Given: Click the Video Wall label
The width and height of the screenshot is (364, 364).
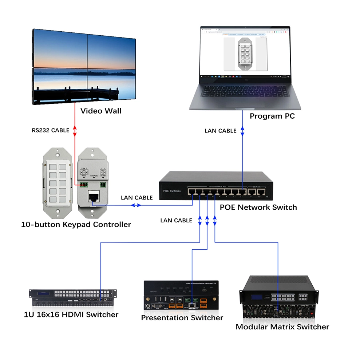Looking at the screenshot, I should pos(101,111).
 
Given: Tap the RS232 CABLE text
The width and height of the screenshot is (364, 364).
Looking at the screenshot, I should pos(50,130).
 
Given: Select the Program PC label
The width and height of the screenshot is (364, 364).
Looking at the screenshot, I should pos(272,116).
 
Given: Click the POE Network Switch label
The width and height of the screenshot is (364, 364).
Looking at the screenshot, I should pos(258,207).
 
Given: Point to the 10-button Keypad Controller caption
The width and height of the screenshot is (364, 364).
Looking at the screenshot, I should pos(76,224).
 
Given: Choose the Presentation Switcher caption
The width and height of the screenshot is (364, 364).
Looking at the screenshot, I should pos(182,318).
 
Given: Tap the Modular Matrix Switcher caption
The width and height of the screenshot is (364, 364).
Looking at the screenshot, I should pos(282,327).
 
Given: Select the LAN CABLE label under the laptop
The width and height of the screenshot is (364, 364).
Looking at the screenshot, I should pos(220,130).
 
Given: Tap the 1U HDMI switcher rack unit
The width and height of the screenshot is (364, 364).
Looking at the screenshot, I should pos(73,297).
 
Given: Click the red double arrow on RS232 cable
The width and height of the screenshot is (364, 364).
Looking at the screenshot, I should pos(75,130).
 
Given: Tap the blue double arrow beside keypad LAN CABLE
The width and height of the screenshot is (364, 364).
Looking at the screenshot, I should pos(136,205).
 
